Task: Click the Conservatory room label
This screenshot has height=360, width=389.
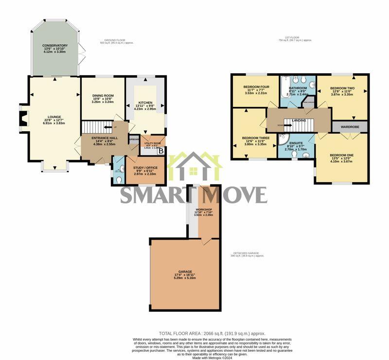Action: [x=54, y=45]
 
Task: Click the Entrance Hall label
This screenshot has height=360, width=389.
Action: [x=103, y=137]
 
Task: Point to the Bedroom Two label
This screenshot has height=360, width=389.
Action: [x=343, y=88]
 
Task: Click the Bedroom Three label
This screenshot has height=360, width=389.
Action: [x=255, y=137]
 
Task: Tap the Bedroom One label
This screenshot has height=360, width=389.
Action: [x=342, y=154]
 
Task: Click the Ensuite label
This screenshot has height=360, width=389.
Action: [x=296, y=143]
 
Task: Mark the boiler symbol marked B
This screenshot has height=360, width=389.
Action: [x=161, y=151]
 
